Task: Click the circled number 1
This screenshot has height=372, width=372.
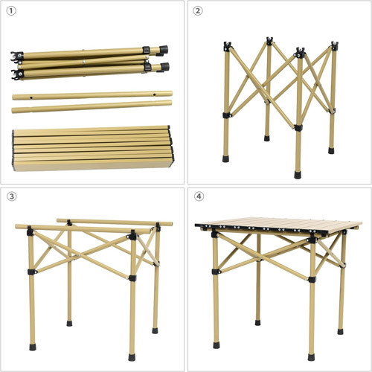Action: coord(11,11)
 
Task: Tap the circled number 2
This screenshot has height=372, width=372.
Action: coord(198,11)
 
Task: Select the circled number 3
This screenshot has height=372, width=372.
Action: coord(11,196)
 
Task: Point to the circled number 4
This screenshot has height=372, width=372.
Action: coord(199,196)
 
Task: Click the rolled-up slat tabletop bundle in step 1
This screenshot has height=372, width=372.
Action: coord(93,148)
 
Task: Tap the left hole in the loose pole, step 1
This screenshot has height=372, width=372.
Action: coord(31,97)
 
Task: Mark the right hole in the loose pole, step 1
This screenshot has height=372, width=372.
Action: coord(154,94)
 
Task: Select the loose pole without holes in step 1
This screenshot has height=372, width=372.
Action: coord(92,106)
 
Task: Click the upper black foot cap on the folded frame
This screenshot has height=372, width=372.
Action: coord(164,49)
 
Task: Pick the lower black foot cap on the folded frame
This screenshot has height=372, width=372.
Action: coord(164,67)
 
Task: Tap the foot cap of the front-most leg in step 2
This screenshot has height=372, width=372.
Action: coord(298,175)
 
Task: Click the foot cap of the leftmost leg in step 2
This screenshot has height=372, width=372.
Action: coord(225,158)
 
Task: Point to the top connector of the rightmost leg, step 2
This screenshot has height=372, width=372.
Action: coord(335,46)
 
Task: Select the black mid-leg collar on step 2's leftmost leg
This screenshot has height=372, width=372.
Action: coord(226,115)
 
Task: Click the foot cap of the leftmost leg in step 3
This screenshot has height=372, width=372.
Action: coord(33,347)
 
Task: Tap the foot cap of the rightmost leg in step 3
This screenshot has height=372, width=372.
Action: coord(155,330)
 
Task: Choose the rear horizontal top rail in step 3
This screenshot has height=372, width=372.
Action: coord(115,222)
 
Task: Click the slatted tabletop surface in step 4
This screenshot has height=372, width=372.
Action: coord(278,225)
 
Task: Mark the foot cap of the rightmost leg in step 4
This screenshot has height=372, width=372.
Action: coord(341,332)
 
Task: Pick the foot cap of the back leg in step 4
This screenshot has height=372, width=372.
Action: coord(258,323)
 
